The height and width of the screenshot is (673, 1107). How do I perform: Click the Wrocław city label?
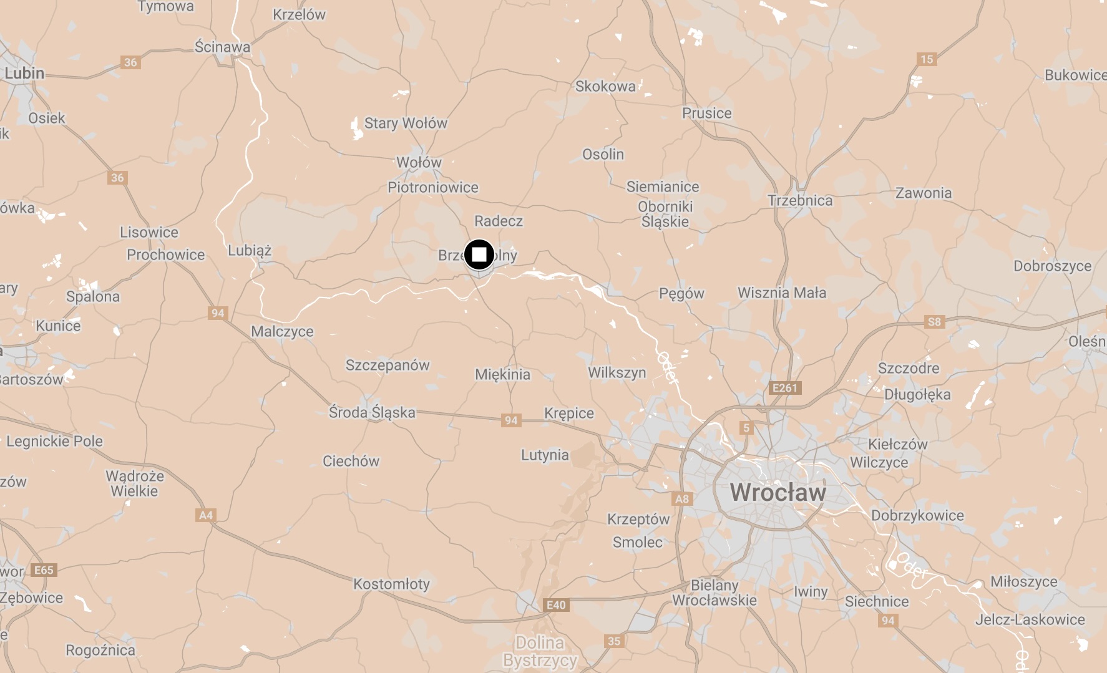778,492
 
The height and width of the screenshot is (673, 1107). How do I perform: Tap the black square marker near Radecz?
479,254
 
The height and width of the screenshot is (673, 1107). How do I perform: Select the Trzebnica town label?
800,200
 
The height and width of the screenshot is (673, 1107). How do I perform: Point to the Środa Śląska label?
372,412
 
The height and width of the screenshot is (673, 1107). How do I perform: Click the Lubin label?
24,73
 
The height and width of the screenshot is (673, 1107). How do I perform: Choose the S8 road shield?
934,322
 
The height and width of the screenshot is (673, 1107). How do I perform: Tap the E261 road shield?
785,387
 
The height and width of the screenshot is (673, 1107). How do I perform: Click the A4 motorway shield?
205,515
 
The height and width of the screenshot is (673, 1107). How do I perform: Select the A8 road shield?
682,498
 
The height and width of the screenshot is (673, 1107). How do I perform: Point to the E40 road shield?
556,604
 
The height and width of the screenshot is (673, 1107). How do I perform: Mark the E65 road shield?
44,569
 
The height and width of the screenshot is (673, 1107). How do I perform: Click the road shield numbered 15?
927,59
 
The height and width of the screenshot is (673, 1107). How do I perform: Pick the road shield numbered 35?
614,641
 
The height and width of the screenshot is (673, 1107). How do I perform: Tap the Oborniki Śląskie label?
665,214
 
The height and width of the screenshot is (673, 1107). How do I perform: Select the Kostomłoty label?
391,584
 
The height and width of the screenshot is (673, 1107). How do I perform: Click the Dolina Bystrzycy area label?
540,651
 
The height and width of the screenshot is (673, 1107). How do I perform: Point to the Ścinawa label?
222,47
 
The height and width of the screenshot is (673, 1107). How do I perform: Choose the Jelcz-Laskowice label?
1030,619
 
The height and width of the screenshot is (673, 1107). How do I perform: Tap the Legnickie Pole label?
54,441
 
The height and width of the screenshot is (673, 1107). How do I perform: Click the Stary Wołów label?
406,123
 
